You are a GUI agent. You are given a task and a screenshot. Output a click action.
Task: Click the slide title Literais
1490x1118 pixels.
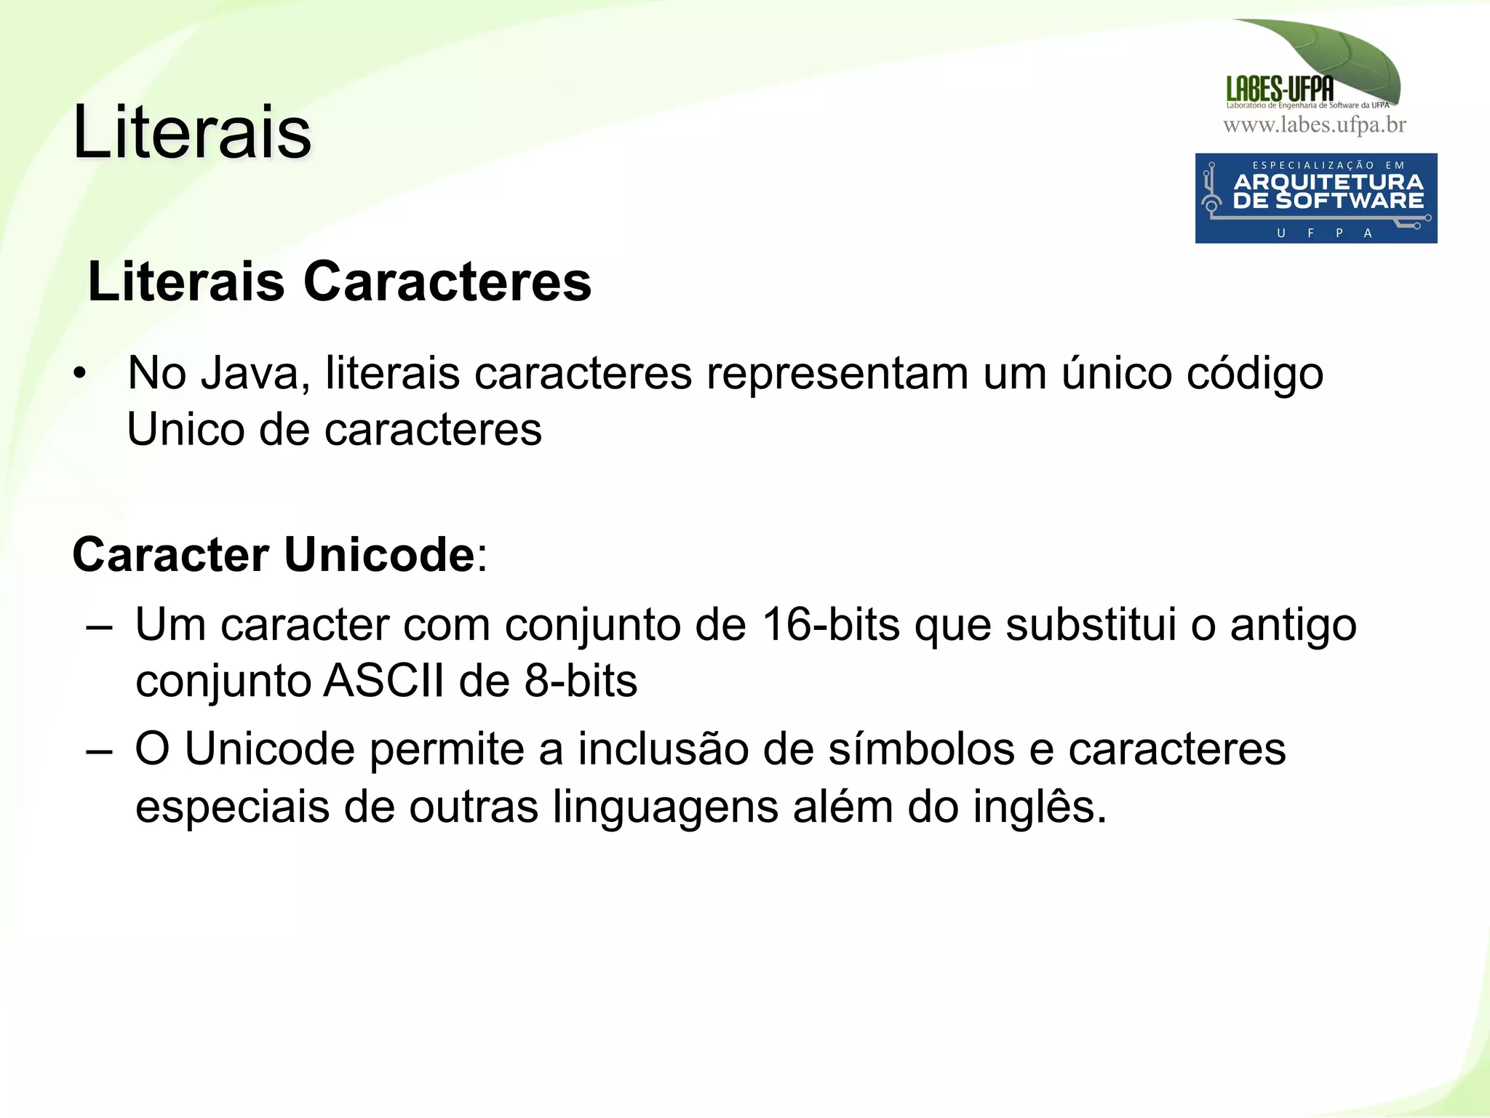tap(192, 132)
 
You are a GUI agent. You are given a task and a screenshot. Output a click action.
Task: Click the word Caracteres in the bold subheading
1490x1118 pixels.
tap(447, 282)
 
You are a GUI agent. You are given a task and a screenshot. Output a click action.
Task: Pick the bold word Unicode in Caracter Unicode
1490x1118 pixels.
tap(379, 555)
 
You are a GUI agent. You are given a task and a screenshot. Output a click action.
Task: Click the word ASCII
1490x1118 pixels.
tap(383, 682)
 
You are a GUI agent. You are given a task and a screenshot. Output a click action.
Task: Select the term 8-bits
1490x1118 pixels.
tap(581, 682)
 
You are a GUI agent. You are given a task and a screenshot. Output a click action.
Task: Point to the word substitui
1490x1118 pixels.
tap(1091, 625)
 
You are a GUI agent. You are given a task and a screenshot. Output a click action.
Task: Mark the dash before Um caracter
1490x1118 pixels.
tap(98, 626)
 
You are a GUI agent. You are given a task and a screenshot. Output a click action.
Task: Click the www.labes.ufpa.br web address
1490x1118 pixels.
tap(1315, 126)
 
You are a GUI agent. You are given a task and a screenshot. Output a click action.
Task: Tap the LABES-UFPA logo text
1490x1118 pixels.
tap(1280, 89)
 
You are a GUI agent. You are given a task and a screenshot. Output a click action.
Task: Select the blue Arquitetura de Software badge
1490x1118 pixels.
tap(1315, 198)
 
